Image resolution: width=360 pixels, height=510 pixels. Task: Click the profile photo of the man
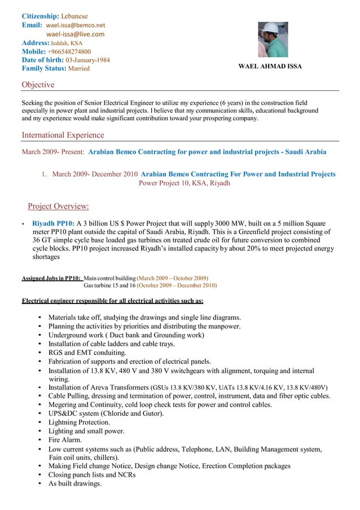pos(273,39)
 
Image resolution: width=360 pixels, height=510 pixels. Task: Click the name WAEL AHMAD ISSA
pos(270,67)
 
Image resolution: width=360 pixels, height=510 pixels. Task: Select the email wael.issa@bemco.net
pos(76,25)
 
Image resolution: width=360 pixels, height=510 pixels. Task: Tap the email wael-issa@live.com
pos(75,34)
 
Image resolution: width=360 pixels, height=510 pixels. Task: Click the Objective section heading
pos(38,85)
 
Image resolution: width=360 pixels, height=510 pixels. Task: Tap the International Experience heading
pos(63,135)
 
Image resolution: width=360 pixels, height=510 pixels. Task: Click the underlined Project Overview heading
pos(58,206)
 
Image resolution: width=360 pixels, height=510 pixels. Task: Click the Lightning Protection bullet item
pos(79,422)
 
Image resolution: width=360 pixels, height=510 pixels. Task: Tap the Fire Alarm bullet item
pos(65,439)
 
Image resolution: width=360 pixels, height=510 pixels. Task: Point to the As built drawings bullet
pos(74,483)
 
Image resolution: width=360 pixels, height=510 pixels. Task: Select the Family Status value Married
pos(78,68)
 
